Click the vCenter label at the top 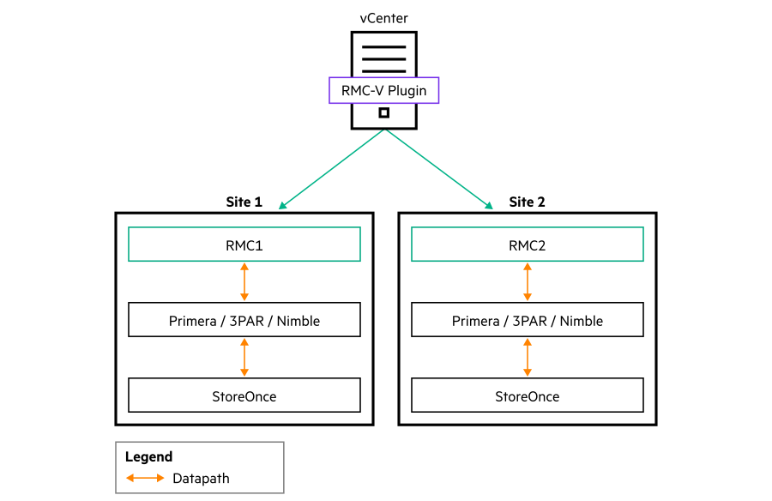[x=383, y=18]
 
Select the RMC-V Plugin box [x=383, y=90]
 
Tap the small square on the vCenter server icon [x=384, y=113]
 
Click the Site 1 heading [x=244, y=202]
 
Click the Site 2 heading [x=527, y=202]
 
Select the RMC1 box [x=244, y=244]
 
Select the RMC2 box [x=527, y=244]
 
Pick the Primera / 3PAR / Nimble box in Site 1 [x=244, y=321]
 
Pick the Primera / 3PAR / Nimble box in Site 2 [x=527, y=321]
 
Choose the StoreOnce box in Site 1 [x=244, y=395]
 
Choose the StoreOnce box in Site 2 [x=527, y=395]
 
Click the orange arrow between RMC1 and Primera [x=244, y=281]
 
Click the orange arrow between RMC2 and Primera [x=528, y=281]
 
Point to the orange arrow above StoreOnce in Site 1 [x=244, y=358]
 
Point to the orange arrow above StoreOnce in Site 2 [x=528, y=358]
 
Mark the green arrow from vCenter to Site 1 [x=332, y=169]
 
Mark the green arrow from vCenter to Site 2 [x=438, y=169]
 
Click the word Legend [x=148, y=457]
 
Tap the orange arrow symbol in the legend [x=145, y=478]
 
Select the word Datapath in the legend [x=201, y=478]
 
